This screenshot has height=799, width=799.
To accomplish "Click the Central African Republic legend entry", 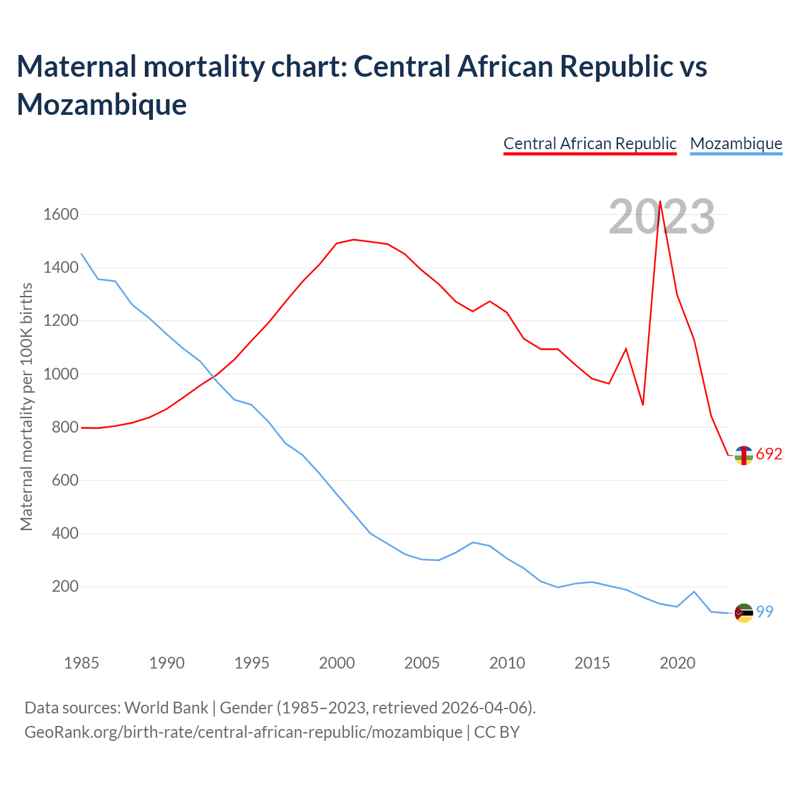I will pyautogui.click(x=590, y=144).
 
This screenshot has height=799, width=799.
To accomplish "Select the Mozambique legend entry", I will pyautogui.click(x=736, y=144).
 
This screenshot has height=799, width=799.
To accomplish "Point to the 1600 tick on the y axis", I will pyautogui.click(x=61, y=215).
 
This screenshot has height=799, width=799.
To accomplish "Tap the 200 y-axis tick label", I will pyautogui.click(x=65, y=587).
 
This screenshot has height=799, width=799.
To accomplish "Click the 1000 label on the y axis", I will pyautogui.click(x=61, y=375).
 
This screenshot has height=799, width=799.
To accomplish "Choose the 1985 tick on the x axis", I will pyautogui.click(x=82, y=663).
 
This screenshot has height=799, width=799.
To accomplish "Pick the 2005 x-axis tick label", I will pyautogui.click(x=422, y=663).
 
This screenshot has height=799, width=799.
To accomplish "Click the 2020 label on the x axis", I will pyautogui.click(x=677, y=663).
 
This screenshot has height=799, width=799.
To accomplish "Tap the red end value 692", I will pyautogui.click(x=769, y=454).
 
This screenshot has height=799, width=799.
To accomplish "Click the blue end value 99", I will pyautogui.click(x=765, y=612).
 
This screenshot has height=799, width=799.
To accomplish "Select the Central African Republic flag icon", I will pyautogui.click(x=743, y=456).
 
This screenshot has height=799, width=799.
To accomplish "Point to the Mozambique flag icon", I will pyautogui.click(x=743, y=613).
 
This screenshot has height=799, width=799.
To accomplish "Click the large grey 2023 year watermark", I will pyautogui.click(x=662, y=217).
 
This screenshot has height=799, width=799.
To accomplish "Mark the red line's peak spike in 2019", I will pyautogui.click(x=660, y=202).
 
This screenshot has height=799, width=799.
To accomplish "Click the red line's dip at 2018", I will pyautogui.click(x=643, y=404).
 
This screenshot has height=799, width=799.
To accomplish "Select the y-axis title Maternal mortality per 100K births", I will pyautogui.click(x=26, y=407).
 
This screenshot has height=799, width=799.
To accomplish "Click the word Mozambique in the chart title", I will pyautogui.click(x=102, y=104).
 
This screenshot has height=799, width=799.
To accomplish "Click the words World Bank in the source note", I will pyautogui.click(x=166, y=708).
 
